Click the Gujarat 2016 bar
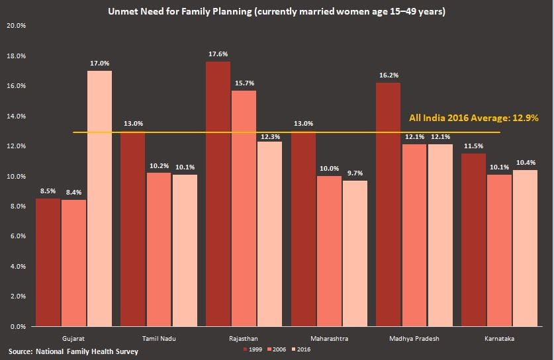(x=99, y=199)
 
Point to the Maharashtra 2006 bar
(x=329, y=251)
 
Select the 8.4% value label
(x=74, y=193)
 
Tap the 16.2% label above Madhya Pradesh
(x=388, y=76)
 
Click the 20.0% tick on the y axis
(x=16, y=26)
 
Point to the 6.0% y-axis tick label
(x=17, y=236)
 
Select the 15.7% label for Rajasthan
(x=244, y=83)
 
